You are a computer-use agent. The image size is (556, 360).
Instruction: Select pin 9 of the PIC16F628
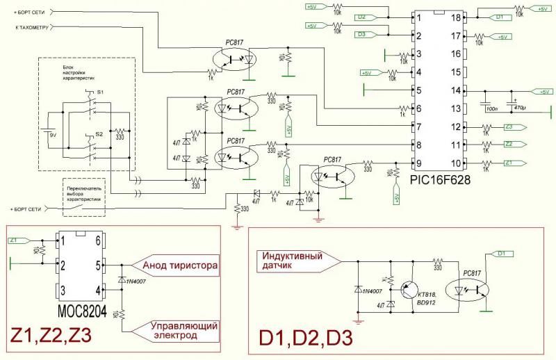click(418, 164)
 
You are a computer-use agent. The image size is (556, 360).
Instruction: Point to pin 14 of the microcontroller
click(457, 90)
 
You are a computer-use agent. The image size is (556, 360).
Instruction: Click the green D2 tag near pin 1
click(361, 17)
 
